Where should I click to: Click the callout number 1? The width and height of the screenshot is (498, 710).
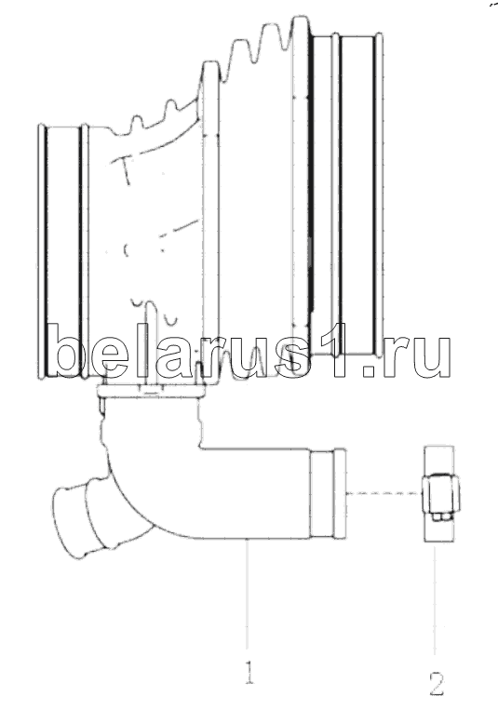click(x=249, y=672)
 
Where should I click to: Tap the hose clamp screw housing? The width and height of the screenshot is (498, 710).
click(x=438, y=497)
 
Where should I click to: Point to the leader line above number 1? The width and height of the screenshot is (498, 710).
click(x=248, y=596)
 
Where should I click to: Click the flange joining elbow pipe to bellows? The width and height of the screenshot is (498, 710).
click(x=151, y=391)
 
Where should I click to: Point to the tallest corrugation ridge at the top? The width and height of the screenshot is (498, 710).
click(x=301, y=27)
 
